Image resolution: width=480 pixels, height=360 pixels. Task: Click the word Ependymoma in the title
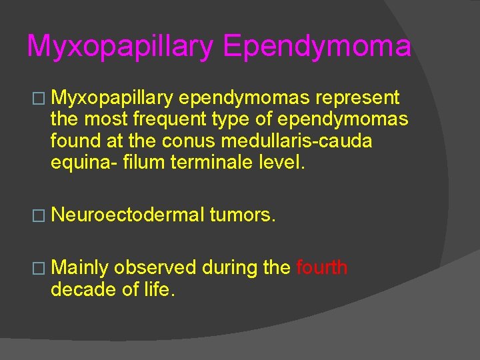click(317, 46)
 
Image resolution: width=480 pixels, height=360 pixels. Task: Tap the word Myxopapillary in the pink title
click(121, 46)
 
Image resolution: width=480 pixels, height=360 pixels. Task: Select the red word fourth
click(322, 268)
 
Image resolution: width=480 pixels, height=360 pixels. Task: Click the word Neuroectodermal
click(127, 215)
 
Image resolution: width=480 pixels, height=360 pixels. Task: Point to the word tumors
click(242, 215)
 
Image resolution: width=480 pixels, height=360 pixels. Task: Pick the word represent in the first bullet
click(357, 99)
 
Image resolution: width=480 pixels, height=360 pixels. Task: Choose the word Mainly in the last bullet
click(79, 268)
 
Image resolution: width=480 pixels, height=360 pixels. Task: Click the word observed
click(155, 268)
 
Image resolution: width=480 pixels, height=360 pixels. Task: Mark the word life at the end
click(160, 289)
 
